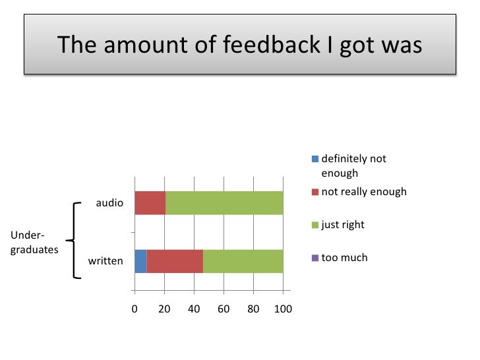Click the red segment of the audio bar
150,203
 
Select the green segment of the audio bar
224,203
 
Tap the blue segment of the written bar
140,261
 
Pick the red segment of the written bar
175,261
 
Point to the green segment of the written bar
243,261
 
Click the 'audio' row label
109,203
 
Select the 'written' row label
105,261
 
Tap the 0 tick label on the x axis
135,309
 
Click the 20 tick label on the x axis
164,309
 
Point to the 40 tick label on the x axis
194,309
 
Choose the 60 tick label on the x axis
224,309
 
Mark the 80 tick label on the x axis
253,309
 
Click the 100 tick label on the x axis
283,309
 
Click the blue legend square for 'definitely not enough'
315,159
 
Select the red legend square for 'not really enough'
315,192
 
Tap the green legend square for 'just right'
315,225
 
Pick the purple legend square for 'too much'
315,258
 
